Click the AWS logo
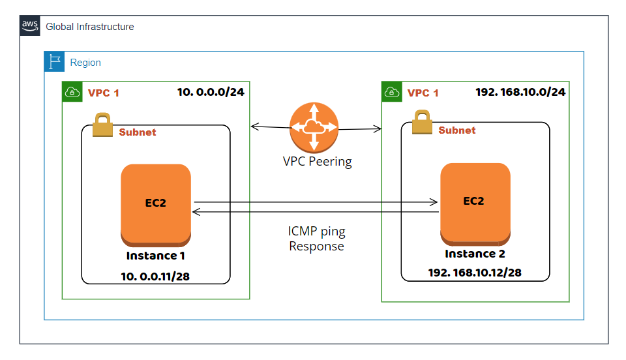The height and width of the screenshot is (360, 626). pyautogui.click(x=30, y=26)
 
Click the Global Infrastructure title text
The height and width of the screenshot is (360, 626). pyautogui.click(x=89, y=27)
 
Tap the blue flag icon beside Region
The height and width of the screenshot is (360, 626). pyautogui.click(x=54, y=62)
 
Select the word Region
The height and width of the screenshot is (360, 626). pyautogui.click(x=85, y=63)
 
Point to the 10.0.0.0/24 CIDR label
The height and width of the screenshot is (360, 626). pyautogui.click(x=211, y=92)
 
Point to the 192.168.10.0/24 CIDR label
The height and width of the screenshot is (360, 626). pyautogui.click(x=520, y=92)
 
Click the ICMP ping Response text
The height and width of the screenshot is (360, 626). pyautogui.click(x=316, y=239)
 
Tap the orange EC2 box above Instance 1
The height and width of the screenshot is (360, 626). pyautogui.click(x=156, y=203)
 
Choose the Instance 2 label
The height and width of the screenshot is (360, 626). pyautogui.click(x=475, y=254)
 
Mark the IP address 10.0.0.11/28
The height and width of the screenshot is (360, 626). pyautogui.click(x=156, y=277)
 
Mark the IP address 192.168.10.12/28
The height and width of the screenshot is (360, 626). pyautogui.click(x=474, y=272)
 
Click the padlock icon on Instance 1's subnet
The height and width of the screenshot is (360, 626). pyautogui.click(x=102, y=125)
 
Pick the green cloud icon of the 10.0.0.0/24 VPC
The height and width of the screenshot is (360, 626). pyautogui.click(x=72, y=92)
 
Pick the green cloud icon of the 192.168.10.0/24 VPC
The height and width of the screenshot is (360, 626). pyautogui.click(x=391, y=92)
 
